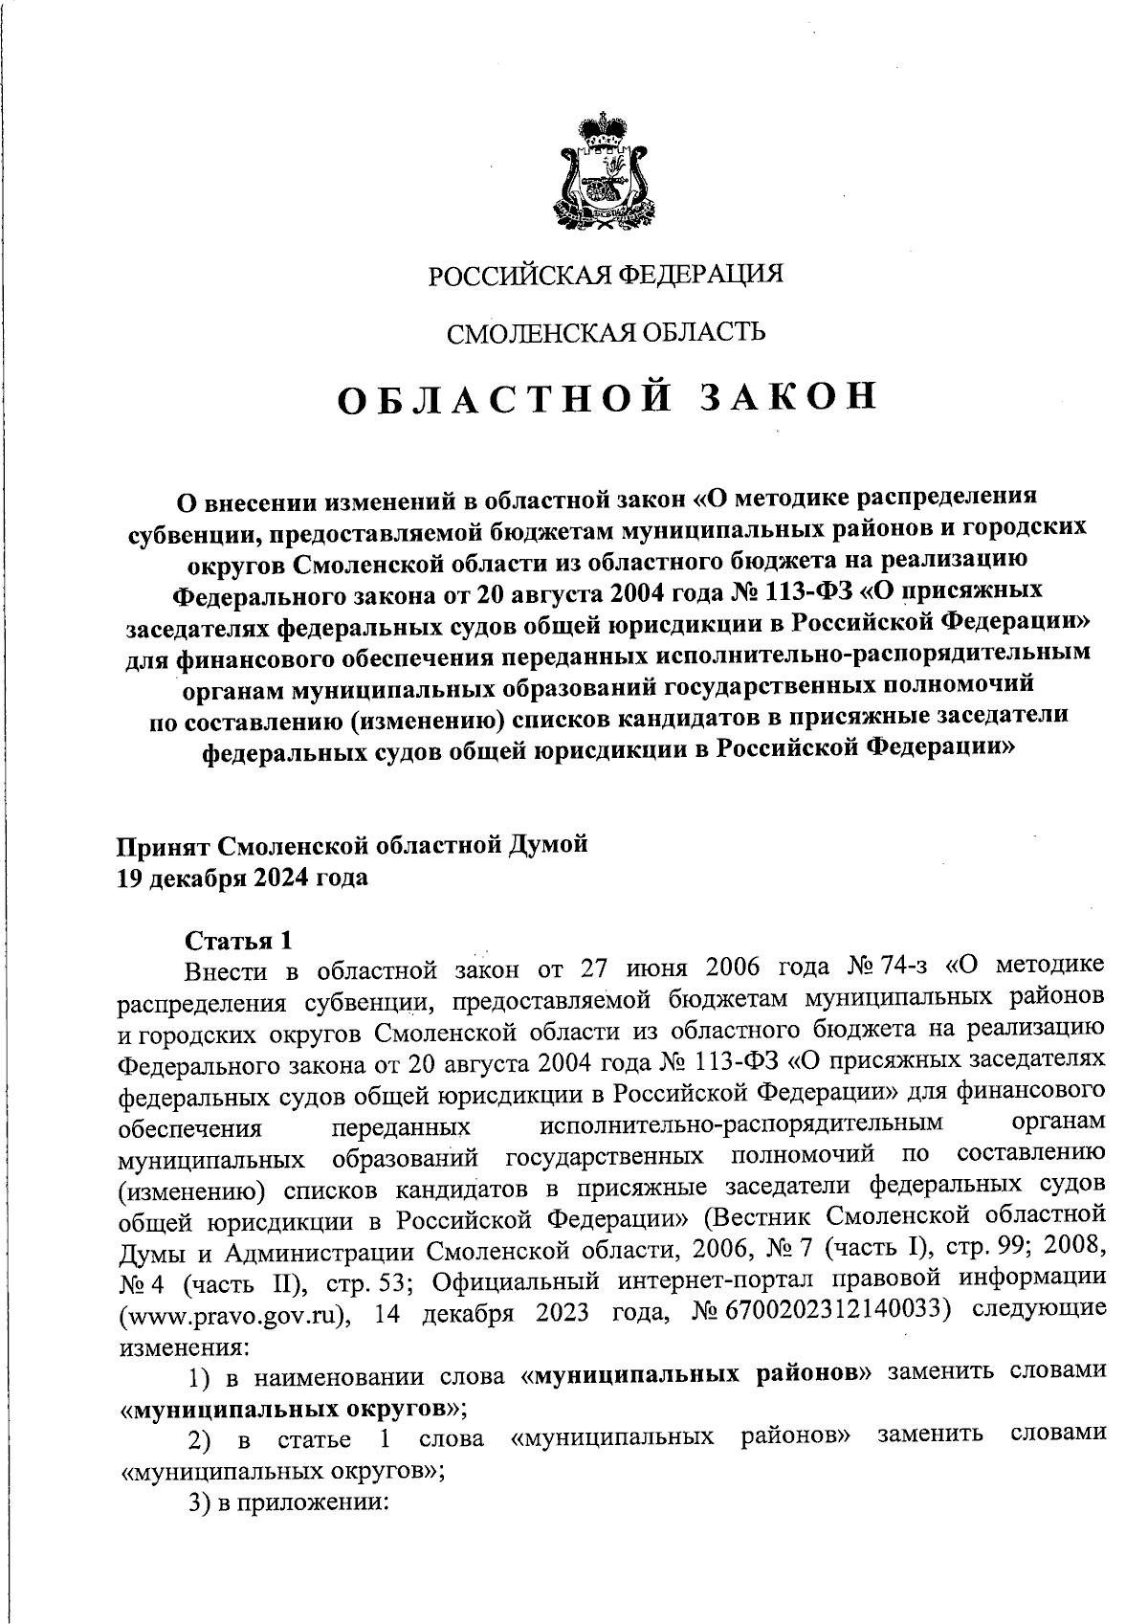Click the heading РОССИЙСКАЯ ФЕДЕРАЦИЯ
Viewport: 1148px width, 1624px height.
(605, 277)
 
